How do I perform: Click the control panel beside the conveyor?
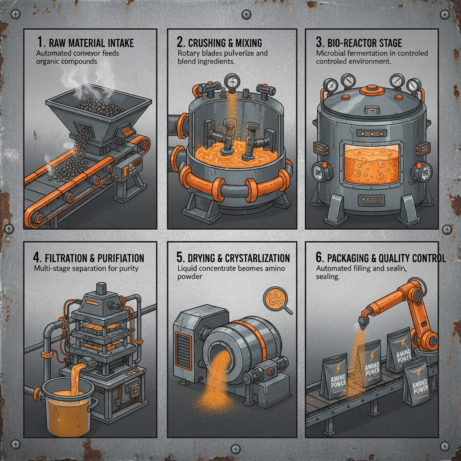(128, 172)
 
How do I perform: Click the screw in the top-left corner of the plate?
(15, 14)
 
